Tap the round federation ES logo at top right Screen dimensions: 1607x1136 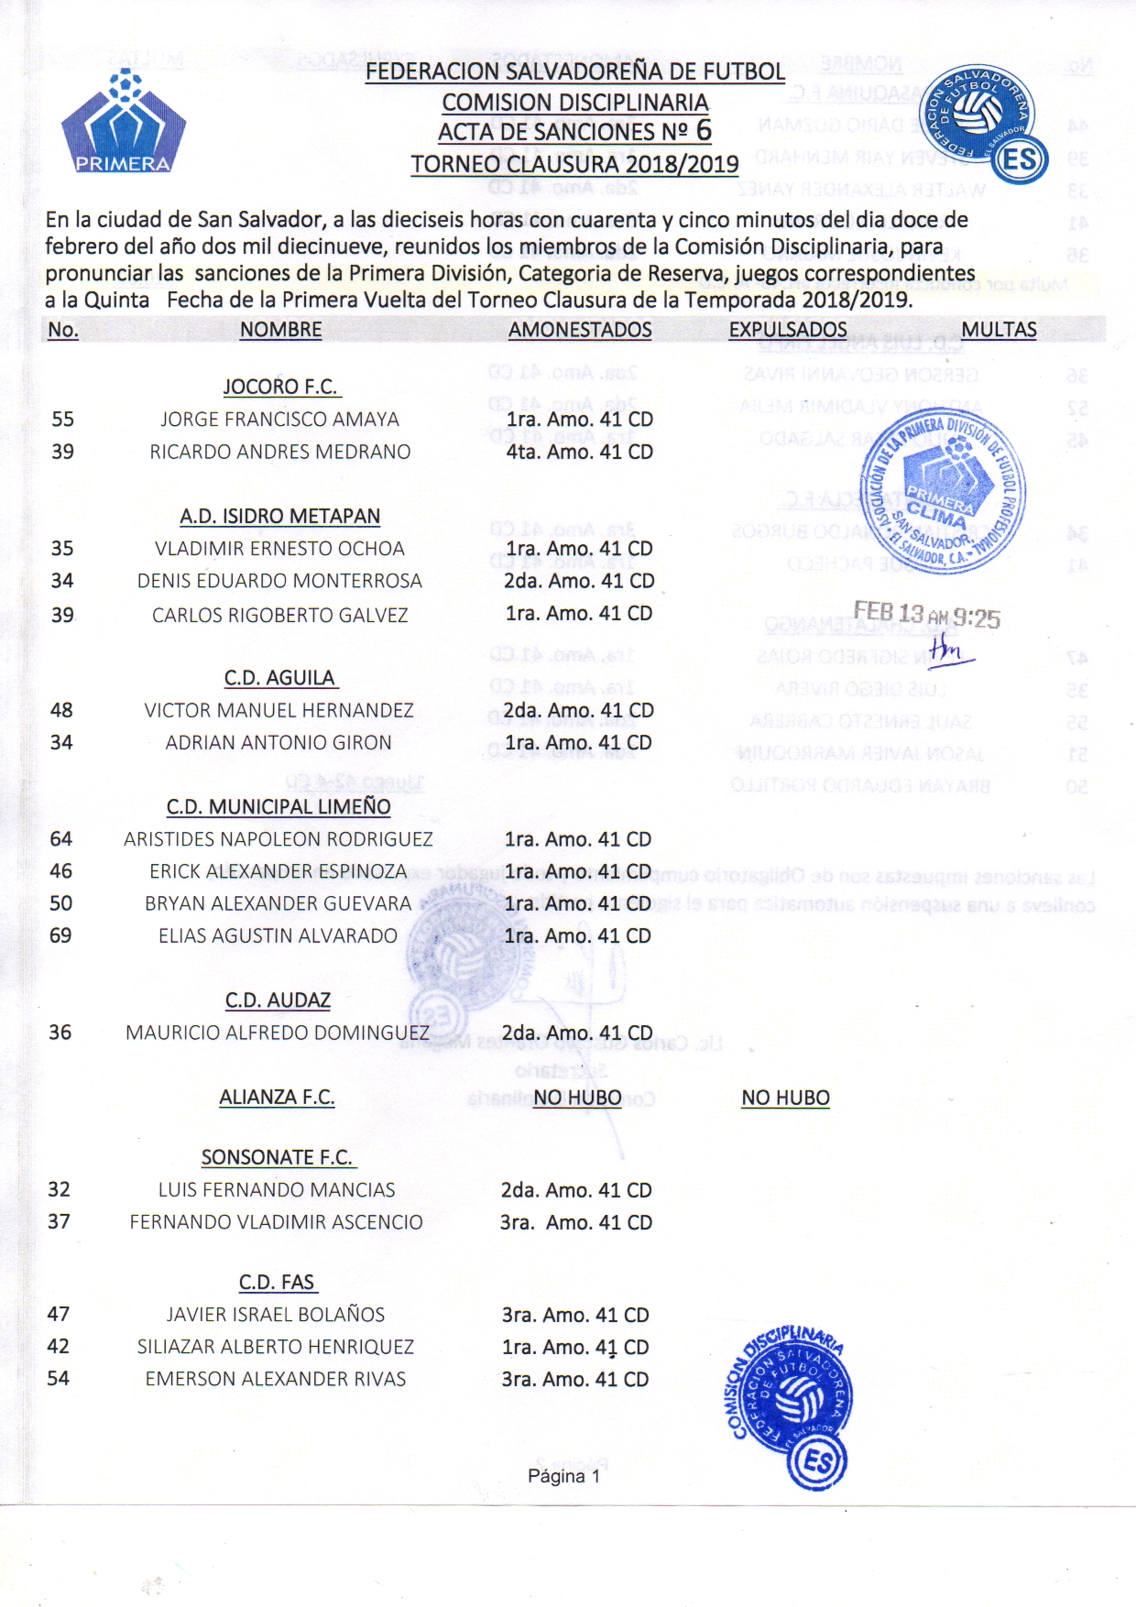click(983, 125)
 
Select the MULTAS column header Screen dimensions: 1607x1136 click(999, 330)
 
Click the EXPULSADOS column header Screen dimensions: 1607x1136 click(788, 330)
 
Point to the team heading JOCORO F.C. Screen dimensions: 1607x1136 click(281, 387)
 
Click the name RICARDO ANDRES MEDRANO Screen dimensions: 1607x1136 click(280, 452)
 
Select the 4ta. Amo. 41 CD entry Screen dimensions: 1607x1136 click(579, 452)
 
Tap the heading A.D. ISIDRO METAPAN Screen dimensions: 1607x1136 click(279, 516)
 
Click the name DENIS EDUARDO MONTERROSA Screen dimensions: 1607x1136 click(279, 581)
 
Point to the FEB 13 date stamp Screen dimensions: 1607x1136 click(926, 616)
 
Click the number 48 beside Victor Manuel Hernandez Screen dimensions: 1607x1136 click(61, 710)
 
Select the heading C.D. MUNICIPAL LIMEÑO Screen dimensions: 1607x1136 click(279, 807)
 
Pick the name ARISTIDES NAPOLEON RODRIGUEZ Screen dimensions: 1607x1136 click(279, 839)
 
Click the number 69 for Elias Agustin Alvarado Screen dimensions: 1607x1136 click(60, 935)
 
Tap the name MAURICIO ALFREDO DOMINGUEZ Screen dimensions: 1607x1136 click(278, 1033)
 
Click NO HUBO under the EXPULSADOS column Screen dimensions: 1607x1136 click(785, 1098)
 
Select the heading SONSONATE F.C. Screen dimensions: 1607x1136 click(278, 1157)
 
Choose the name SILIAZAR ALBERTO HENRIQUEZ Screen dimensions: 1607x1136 click(276, 1347)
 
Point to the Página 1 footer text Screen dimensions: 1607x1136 click(563, 1476)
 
